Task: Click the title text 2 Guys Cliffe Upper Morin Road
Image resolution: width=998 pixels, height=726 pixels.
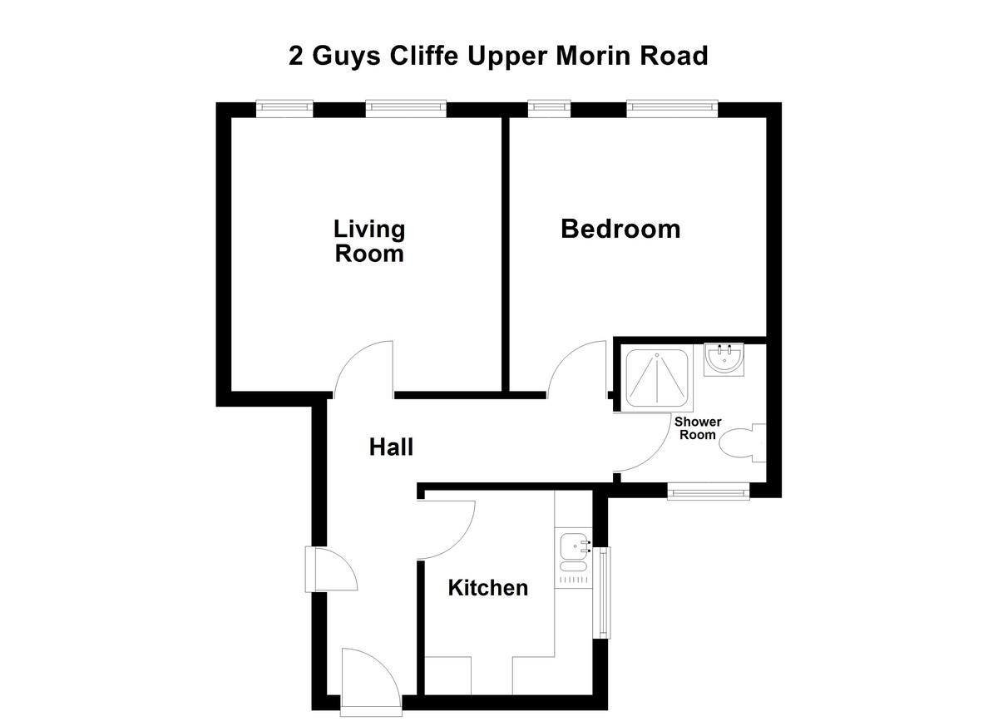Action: pyautogui.click(x=498, y=56)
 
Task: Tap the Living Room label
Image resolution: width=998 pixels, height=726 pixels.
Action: pyautogui.click(x=369, y=240)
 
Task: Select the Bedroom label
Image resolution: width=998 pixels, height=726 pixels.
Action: pyautogui.click(x=620, y=229)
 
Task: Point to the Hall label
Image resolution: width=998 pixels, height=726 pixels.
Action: pyautogui.click(x=391, y=447)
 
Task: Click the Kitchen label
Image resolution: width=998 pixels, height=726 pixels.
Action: pyautogui.click(x=487, y=588)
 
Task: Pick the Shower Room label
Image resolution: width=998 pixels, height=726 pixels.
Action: pyautogui.click(x=698, y=428)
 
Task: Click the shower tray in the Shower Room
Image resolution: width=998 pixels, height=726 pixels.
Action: pyautogui.click(x=657, y=379)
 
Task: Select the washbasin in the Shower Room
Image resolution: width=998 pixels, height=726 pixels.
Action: pyautogui.click(x=724, y=359)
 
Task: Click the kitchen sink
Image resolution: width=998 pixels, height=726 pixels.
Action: pyautogui.click(x=574, y=546)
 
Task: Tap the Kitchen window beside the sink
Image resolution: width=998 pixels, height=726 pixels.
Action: pyautogui.click(x=604, y=592)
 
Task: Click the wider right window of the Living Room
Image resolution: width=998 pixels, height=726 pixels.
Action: pyautogui.click(x=406, y=107)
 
